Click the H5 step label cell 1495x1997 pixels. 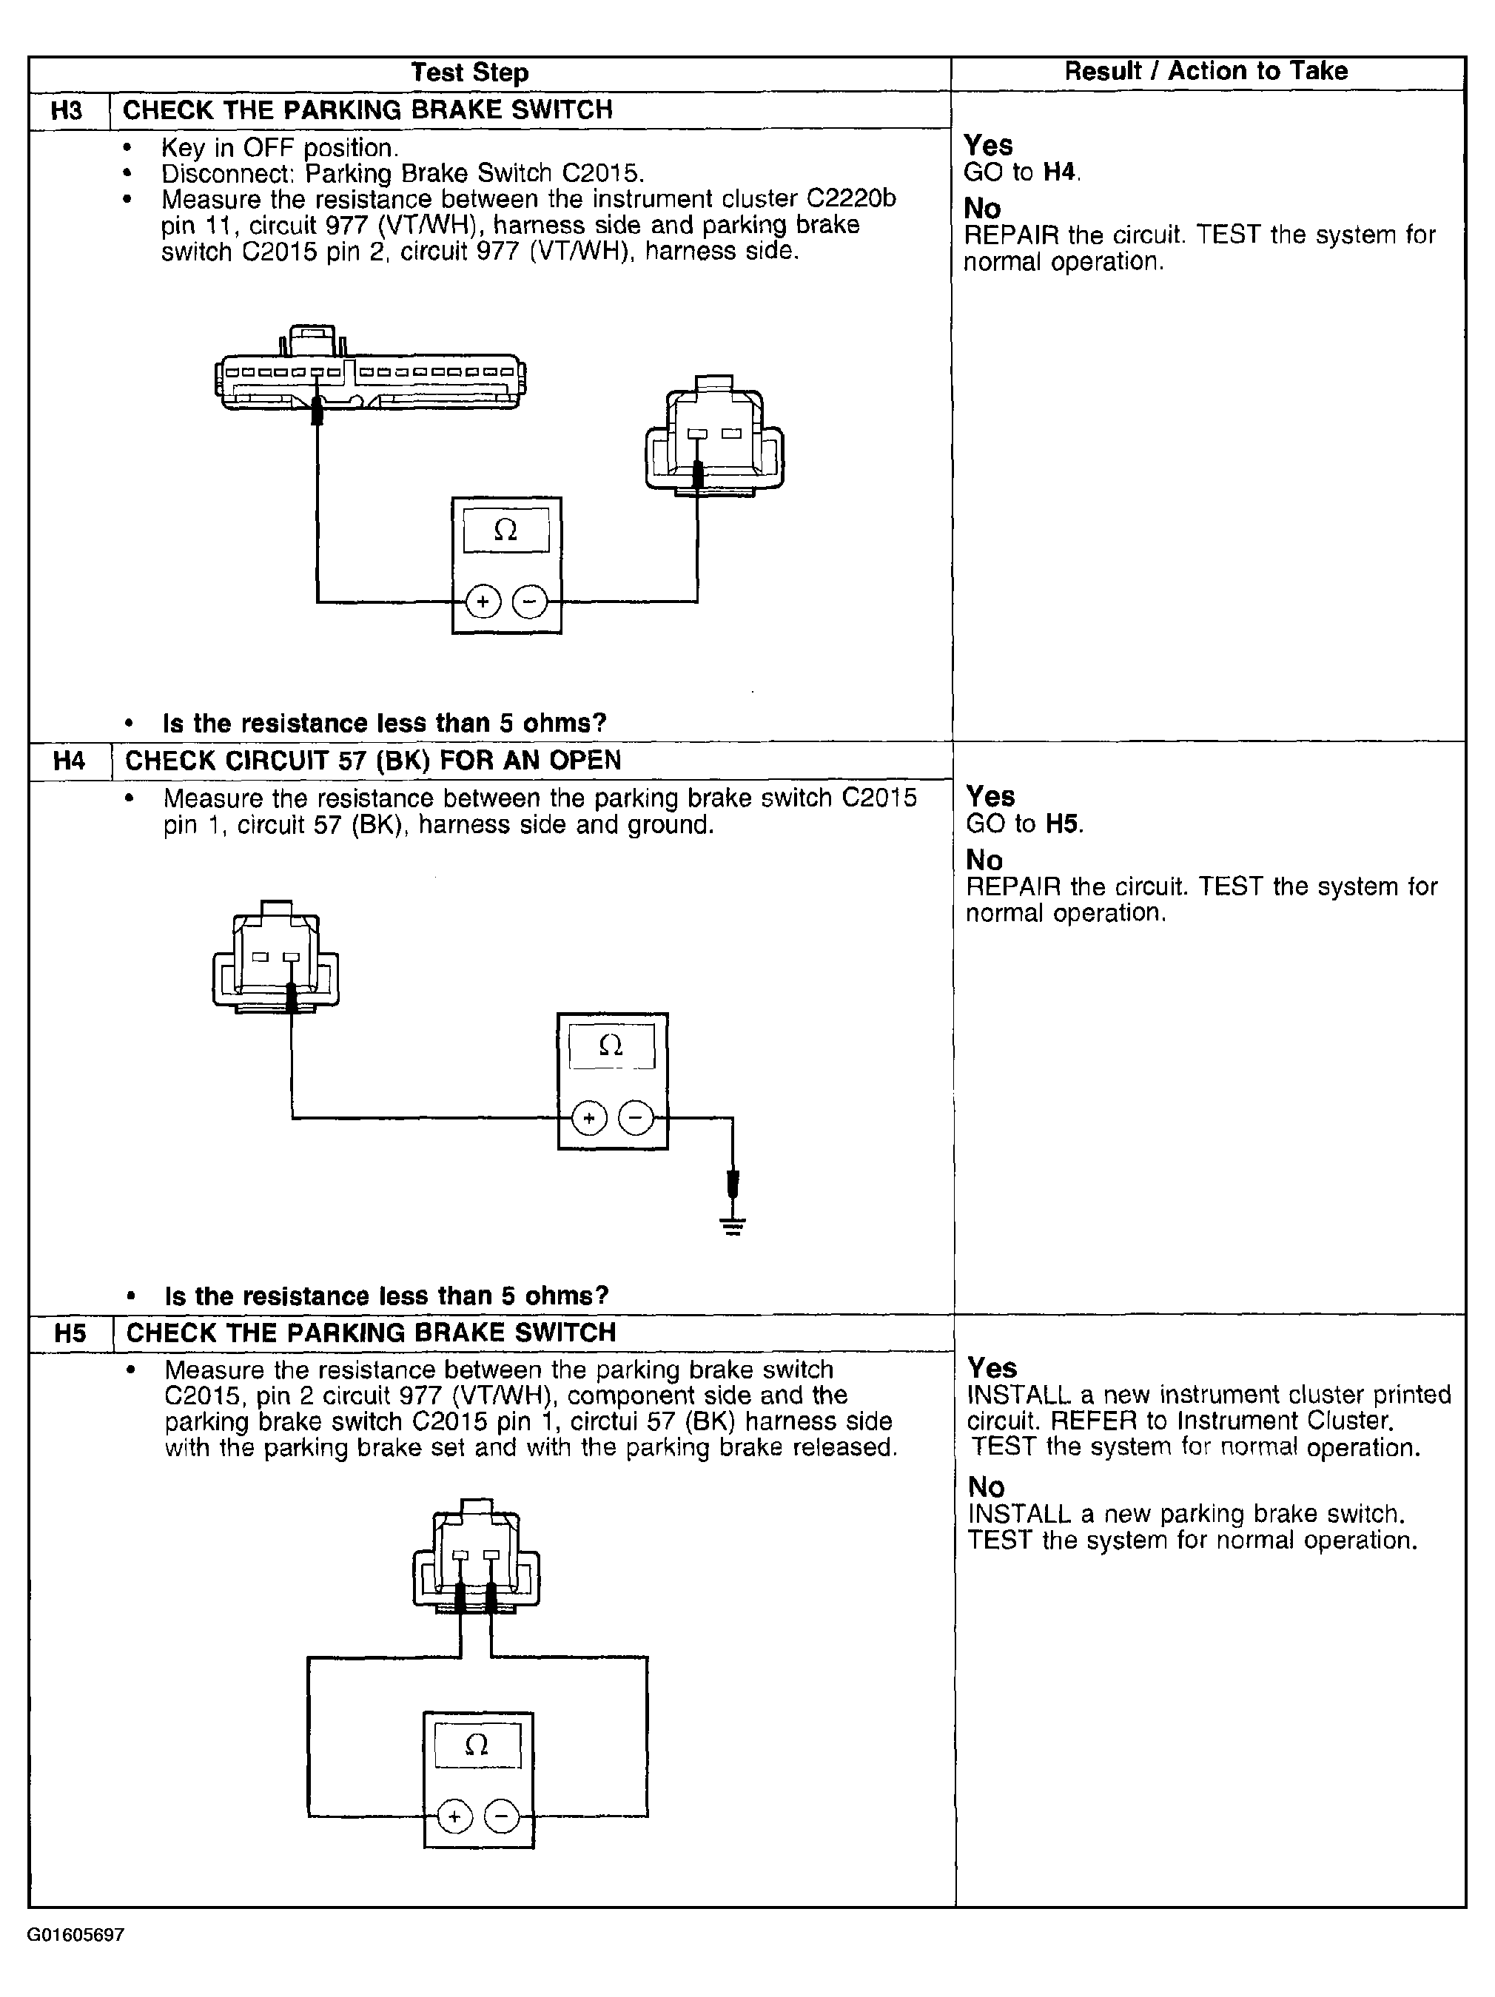coord(71,1333)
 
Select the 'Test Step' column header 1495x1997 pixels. coord(469,73)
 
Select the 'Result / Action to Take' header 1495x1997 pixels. coord(1206,71)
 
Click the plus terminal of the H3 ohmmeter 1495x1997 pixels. coord(483,602)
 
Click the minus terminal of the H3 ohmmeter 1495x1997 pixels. coord(530,602)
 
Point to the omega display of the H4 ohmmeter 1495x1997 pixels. coord(611,1046)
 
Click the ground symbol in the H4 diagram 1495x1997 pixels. coord(733,1227)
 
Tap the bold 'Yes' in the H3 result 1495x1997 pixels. coord(989,145)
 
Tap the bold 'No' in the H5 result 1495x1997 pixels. coord(986,1487)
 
